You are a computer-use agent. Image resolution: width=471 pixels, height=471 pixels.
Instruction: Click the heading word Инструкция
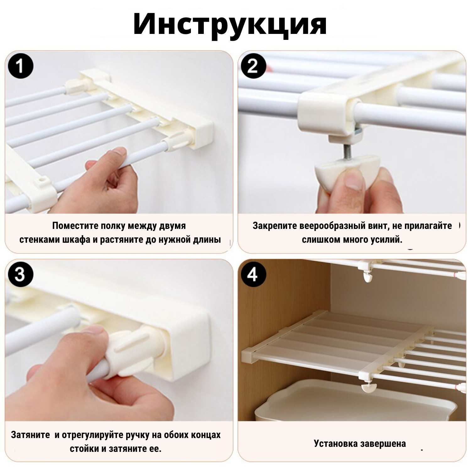(230, 25)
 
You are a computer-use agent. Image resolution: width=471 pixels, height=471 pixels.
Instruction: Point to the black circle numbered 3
(20, 275)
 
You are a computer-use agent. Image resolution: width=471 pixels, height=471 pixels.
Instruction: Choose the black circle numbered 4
(253, 275)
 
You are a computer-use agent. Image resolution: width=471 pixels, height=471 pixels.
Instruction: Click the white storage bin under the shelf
(355, 400)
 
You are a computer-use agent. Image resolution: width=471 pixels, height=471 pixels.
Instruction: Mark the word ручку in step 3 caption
(138, 435)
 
